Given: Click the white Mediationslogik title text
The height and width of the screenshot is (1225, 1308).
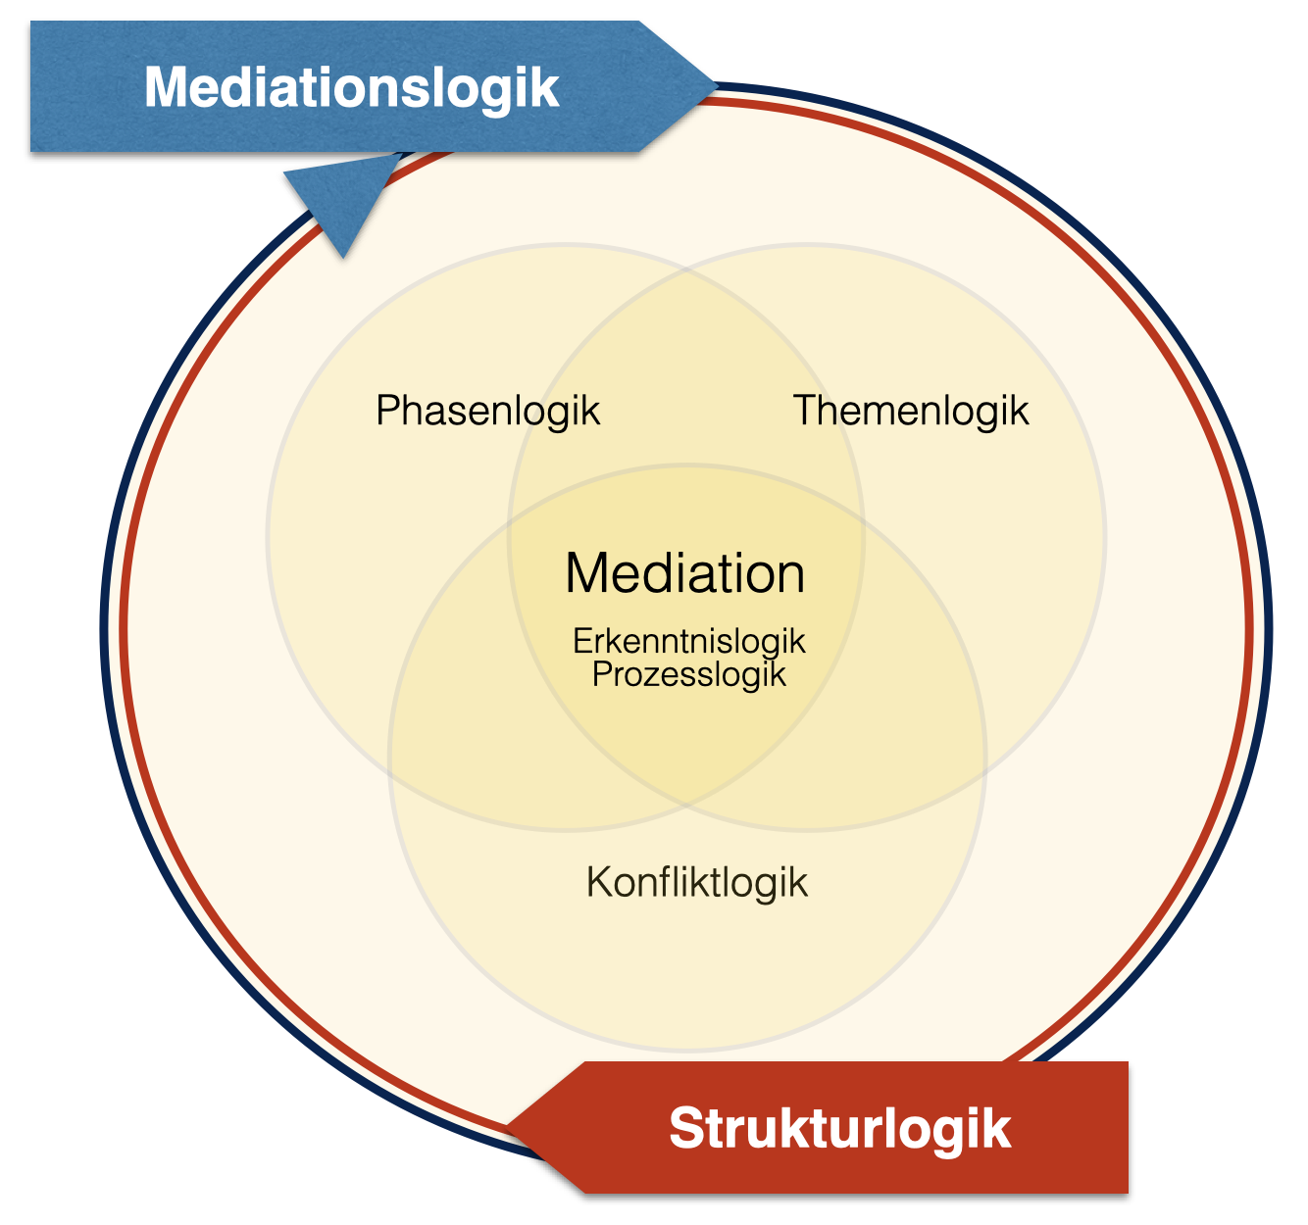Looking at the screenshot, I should [351, 87].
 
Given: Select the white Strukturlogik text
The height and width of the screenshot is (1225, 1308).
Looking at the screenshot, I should [839, 1128].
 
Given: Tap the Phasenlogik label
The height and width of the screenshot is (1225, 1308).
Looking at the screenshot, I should [487, 411].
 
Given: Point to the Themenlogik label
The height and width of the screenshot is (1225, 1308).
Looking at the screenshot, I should [911, 411].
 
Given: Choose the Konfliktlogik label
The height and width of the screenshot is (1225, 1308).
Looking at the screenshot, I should [697, 882].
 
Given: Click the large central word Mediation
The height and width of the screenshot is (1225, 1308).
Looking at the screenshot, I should [685, 573].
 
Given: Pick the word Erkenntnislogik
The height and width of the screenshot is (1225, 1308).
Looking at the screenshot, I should [689, 641].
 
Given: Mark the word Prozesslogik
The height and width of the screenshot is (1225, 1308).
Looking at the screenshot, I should [689, 674].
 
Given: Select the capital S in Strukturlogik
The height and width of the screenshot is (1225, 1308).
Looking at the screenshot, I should [687, 1128].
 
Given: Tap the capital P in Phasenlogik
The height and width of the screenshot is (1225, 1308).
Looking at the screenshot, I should [387, 411].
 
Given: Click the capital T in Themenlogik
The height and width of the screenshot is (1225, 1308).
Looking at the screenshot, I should [805, 411].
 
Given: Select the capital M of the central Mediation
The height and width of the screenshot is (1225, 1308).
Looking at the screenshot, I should [586, 573].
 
